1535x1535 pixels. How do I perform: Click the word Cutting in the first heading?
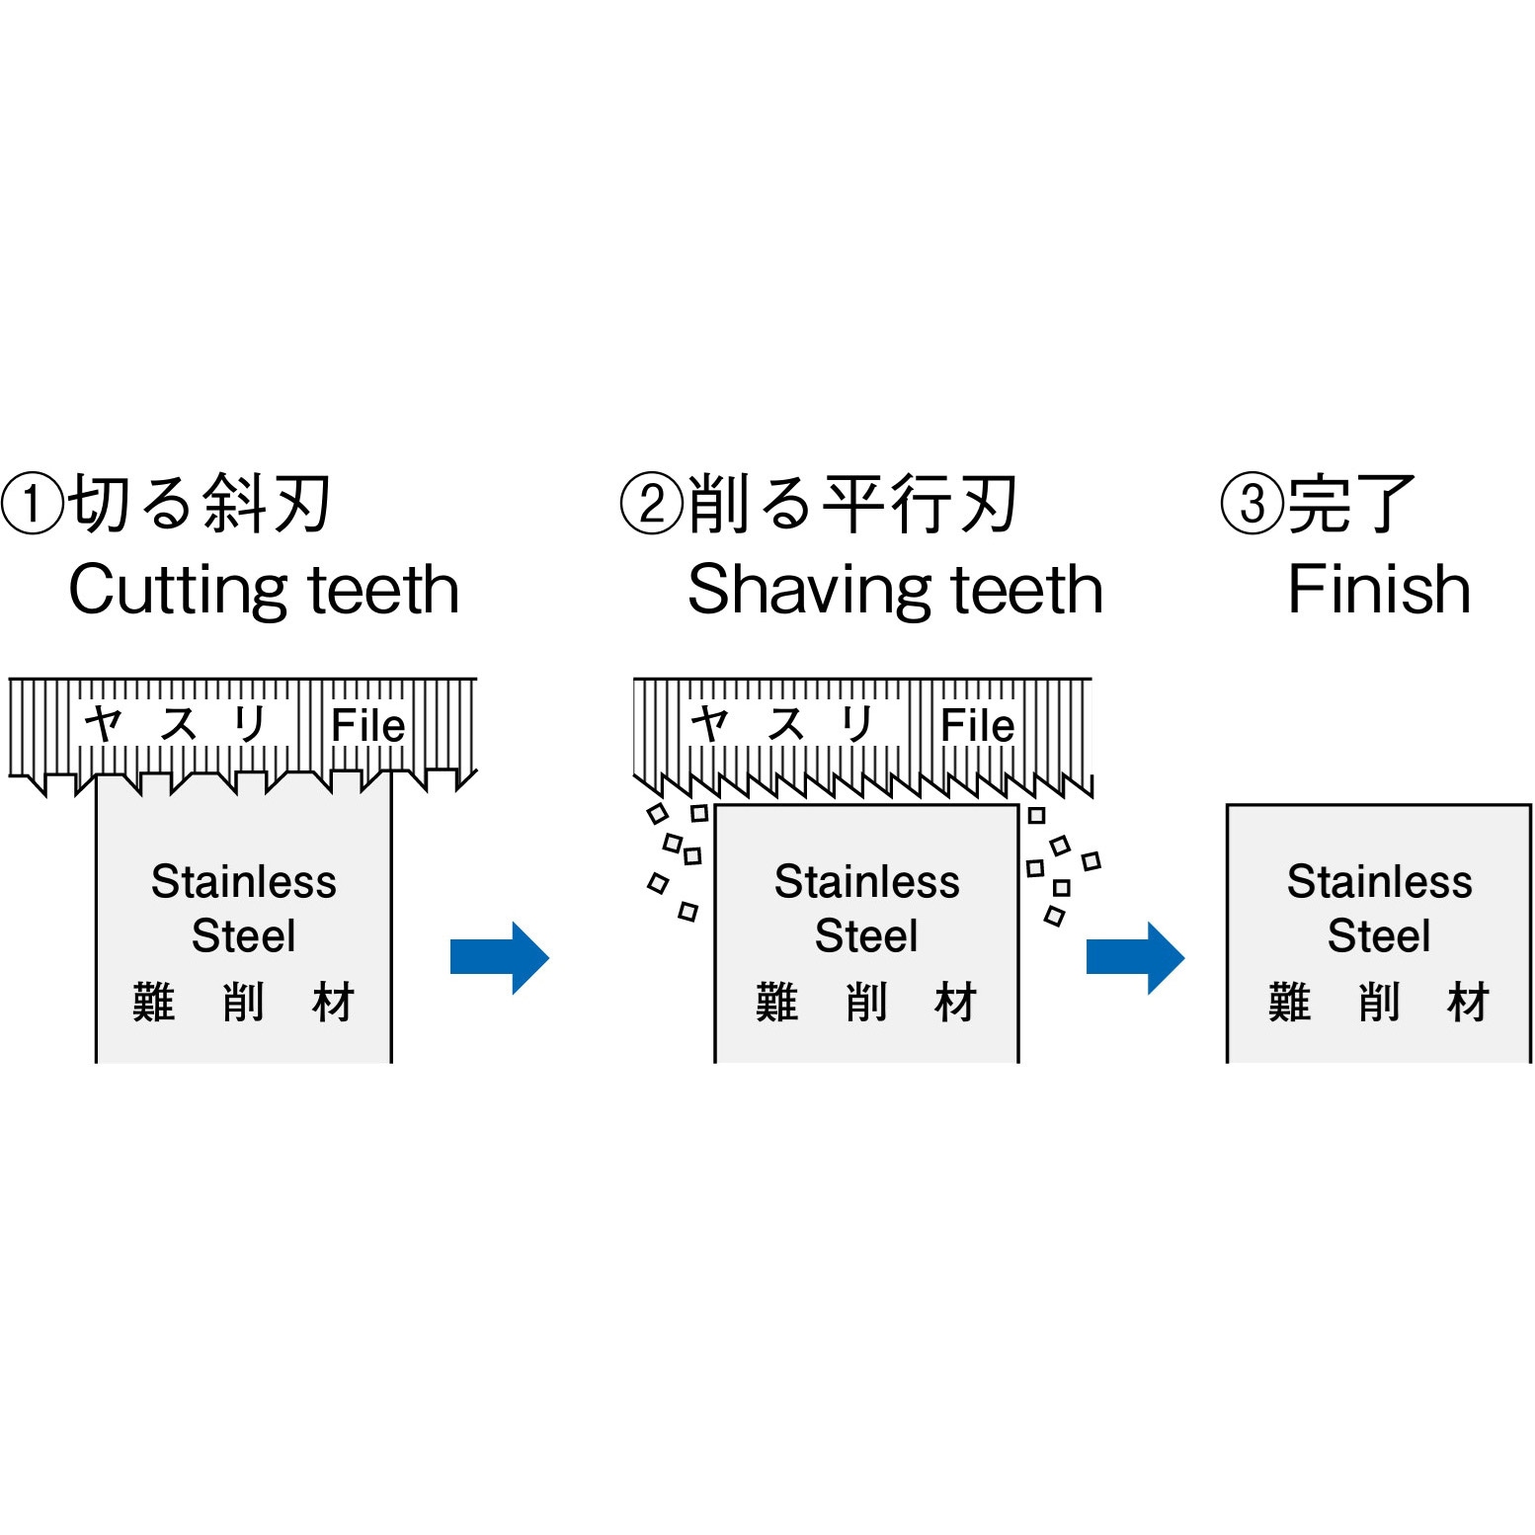point(178,590)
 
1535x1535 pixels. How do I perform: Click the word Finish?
point(1379,590)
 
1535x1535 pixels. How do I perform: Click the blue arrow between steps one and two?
point(499,957)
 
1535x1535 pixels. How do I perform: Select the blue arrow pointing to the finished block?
point(1135,957)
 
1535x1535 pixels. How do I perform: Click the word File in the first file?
point(367,726)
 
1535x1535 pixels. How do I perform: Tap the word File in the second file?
point(977,726)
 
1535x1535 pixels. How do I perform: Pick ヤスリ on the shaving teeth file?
point(784,724)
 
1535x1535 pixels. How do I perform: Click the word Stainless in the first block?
point(244,881)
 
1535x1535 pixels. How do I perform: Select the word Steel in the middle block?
point(866,935)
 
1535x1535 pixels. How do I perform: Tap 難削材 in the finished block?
point(1379,1002)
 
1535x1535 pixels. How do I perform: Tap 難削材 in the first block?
point(244,1002)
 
